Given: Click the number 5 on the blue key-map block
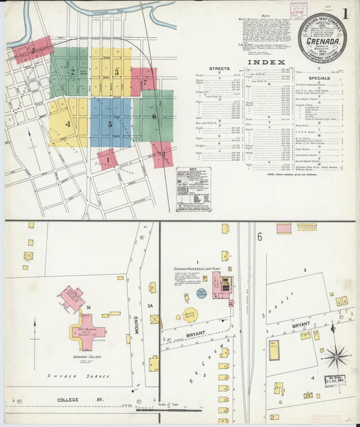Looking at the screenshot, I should (110, 124).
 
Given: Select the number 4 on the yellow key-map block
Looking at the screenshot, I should (68, 124).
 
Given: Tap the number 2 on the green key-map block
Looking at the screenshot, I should (73, 71).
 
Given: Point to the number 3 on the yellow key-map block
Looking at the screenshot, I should (116, 71).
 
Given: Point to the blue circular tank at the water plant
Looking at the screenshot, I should (201, 293).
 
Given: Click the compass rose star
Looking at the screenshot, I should (336, 355).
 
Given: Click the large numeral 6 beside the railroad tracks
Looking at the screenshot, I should (259, 236).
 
